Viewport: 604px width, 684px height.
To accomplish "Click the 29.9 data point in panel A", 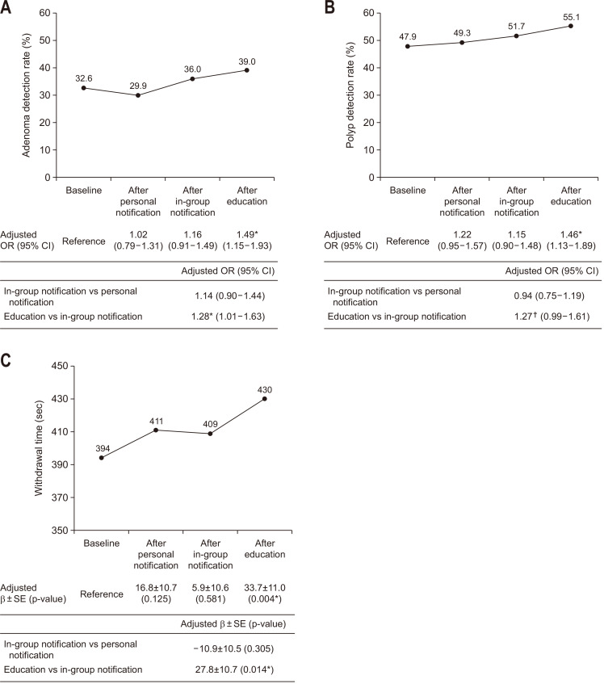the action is pos(138,95).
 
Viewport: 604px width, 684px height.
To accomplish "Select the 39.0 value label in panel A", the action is pos(247,62).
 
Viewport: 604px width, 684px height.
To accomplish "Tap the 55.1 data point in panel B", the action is pos(571,26).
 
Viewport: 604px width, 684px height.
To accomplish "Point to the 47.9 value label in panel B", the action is pos(408,36).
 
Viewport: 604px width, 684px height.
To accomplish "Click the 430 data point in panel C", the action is pos(265,399).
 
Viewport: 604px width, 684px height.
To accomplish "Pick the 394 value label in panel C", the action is pos(103,448).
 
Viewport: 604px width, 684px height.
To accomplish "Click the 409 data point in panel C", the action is pos(210,434).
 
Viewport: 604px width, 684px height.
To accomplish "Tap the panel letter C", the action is pos(6,361).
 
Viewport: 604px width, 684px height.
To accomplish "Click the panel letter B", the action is pos(329,7).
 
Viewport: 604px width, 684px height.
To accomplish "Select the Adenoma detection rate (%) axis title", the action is pos(26,94).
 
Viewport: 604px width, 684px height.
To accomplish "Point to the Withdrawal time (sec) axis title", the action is pos(39,448).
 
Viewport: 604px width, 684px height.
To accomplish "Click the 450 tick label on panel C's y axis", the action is pos(60,366).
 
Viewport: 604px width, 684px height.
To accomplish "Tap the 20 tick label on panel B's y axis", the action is pos(369,123).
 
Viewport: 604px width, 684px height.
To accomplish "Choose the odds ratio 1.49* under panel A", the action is pos(247,234).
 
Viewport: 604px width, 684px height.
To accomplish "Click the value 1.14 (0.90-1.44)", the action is pos(230,296).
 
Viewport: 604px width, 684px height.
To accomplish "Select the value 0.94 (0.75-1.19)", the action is pos(549,296).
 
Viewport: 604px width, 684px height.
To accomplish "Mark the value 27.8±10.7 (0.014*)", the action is pos(235,669).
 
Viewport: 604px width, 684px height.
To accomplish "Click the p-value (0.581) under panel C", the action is pos(210,599).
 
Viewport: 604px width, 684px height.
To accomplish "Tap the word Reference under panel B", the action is pos(407,241).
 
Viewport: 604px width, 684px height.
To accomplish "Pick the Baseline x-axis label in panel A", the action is pos(84,191).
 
